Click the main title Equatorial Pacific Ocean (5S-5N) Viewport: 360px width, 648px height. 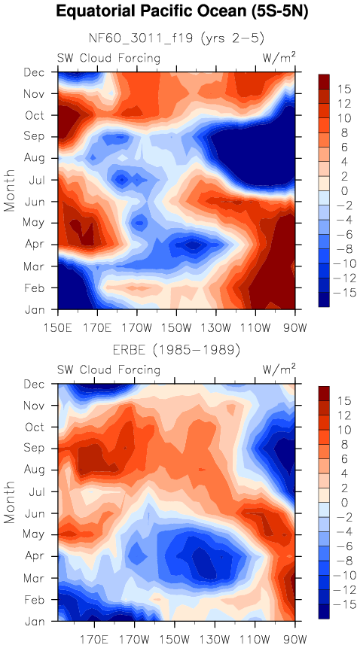tap(182, 12)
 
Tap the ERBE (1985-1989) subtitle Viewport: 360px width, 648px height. tap(176, 351)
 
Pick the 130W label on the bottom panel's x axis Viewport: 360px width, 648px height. tap(215, 640)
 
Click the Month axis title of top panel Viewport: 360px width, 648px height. tap(9, 190)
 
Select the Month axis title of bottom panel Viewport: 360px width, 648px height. tap(9, 503)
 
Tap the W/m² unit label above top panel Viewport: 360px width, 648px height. tap(279, 57)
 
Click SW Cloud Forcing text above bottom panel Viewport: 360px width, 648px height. tap(108, 370)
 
